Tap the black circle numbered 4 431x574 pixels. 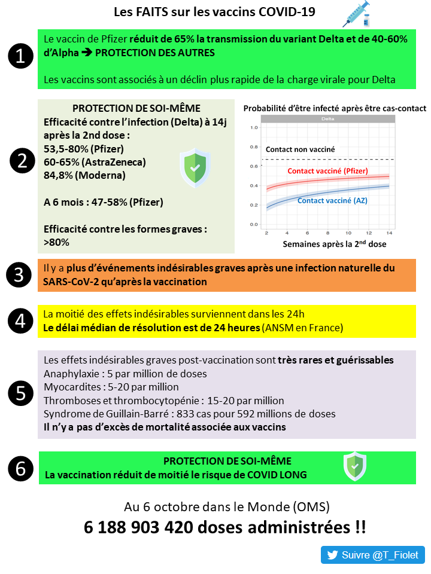tap(20, 321)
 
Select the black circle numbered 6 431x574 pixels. tap(20, 468)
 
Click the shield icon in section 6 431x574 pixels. tap(354, 466)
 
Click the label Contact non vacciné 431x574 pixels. tap(301, 149)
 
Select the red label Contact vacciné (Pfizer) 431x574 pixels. tap(327, 171)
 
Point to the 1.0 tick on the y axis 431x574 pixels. tap(253, 127)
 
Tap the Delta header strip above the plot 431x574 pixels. tap(327, 119)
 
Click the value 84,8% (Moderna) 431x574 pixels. tap(85, 175)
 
